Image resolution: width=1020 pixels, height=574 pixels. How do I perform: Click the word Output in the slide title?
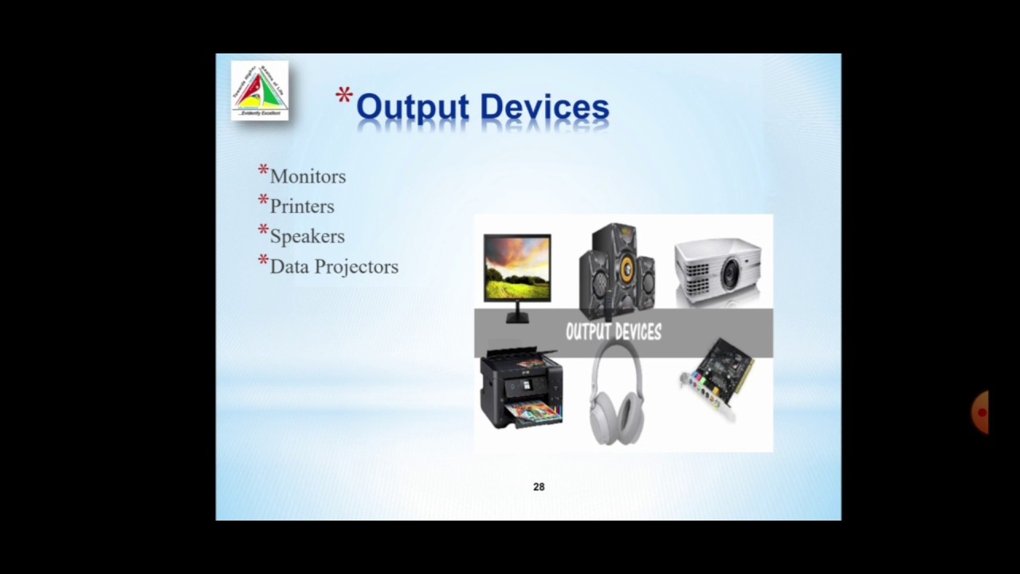tap(414, 108)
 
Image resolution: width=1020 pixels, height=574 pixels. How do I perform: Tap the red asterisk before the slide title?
tap(344, 97)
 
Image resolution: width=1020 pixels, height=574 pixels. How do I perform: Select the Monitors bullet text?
tap(308, 176)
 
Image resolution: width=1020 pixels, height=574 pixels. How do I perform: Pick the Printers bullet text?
tap(302, 206)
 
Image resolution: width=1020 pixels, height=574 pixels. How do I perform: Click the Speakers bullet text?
tap(307, 237)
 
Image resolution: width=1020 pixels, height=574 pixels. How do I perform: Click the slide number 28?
tap(539, 487)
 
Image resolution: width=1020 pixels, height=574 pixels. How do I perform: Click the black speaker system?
tap(616, 267)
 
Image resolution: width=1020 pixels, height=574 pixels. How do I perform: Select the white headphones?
tap(615, 395)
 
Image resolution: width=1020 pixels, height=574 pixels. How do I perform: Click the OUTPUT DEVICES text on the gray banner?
tap(613, 332)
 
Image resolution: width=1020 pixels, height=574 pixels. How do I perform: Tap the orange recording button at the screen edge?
tap(980, 412)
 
